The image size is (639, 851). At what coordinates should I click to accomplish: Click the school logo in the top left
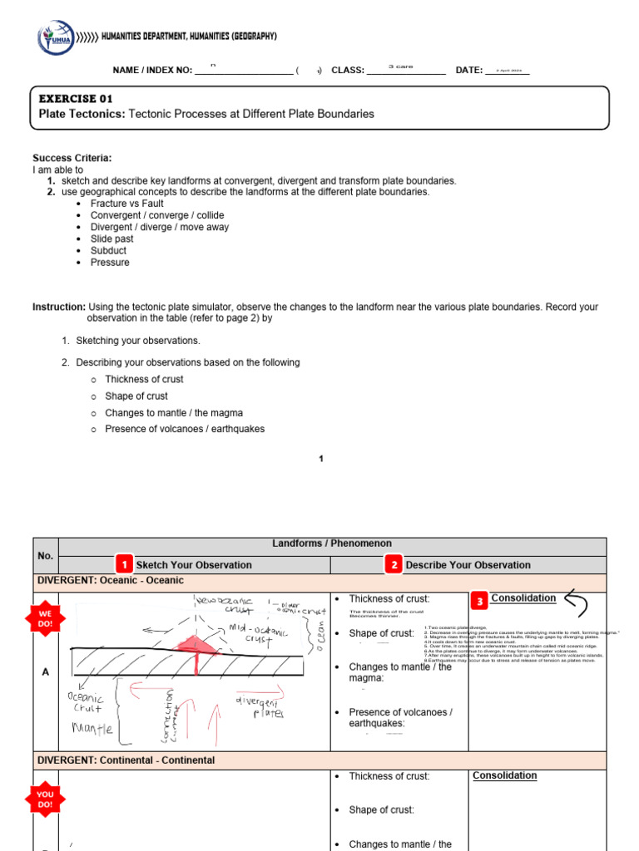click(x=56, y=38)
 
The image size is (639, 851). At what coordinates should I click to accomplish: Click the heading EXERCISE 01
click(x=76, y=98)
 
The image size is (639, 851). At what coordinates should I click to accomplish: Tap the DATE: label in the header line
click(x=469, y=71)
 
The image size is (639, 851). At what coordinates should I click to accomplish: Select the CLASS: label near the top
click(x=348, y=71)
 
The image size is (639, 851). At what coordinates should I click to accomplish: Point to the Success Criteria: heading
click(x=72, y=158)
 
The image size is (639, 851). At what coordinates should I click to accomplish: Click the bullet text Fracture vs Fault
click(x=126, y=204)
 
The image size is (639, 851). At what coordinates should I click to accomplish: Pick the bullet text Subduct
click(x=108, y=250)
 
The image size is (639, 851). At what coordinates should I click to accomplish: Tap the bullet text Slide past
click(x=112, y=239)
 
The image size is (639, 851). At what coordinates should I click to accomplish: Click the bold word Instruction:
click(x=58, y=307)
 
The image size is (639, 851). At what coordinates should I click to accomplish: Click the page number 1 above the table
click(x=322, y=458)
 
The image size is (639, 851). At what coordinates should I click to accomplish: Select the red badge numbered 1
click(x=124, y=564)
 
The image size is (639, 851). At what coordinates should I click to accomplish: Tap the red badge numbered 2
click(x=394, y=564)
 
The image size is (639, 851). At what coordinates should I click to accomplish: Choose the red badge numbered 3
click(x=478, y=600)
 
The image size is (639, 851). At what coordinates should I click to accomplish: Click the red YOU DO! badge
click(x=45, y=799)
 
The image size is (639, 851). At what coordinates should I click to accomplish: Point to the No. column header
click(x=45, y=555)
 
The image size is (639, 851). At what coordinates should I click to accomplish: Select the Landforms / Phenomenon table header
click(x=332, y=544)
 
